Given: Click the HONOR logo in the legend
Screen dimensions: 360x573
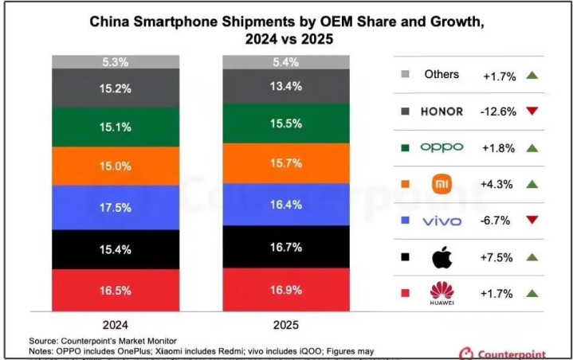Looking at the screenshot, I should click(x=442, y=111).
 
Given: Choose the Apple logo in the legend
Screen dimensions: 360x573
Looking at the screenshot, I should click(x=442, y=257).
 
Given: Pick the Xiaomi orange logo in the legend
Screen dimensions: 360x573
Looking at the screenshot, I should click(x=442, y=184).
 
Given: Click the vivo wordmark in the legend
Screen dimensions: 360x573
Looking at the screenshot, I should click(x=442, y=221).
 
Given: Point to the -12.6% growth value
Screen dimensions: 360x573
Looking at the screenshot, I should click(x=500, y=111).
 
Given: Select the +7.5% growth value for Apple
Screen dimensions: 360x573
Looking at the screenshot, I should click(x=500, y=257).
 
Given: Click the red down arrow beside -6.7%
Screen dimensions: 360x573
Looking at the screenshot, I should click(x=532, y=221).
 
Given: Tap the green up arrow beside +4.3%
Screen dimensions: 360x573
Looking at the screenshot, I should click(x=532, y=184).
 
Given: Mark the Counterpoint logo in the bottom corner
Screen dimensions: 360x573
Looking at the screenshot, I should click(x=510, y=351).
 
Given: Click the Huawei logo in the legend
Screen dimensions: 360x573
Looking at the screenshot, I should click(x=442, y=292).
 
